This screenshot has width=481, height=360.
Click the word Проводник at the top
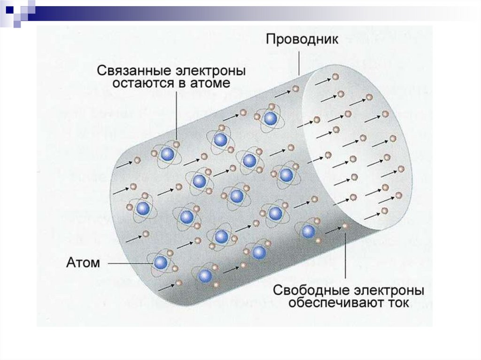click(x=302, y=38)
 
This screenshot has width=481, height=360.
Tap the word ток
click(x=397, y=303)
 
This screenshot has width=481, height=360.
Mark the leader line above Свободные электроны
click(x=346, y=256)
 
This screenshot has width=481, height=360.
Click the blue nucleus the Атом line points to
click(x=161, y=262)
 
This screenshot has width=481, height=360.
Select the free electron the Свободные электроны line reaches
click(x=346, y=226)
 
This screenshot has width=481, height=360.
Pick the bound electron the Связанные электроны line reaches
click(x=176, y=144)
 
